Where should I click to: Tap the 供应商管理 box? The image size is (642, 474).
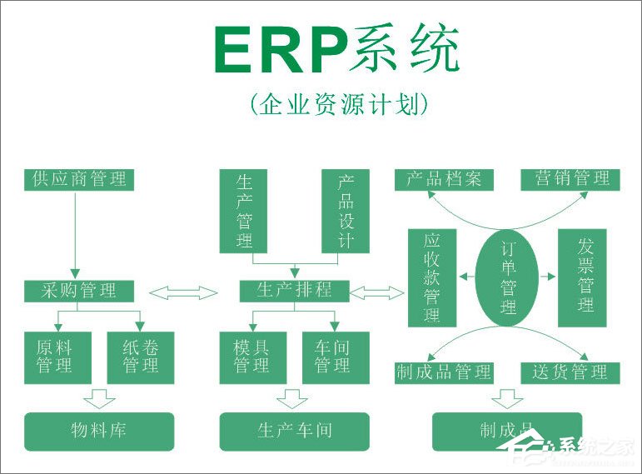coord(78,179)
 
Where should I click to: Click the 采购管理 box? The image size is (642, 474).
coord(78,291)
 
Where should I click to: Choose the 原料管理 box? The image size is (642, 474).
coord(53,357)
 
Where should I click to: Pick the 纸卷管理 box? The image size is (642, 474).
coord(140,357)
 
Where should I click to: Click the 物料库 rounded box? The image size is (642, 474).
coord(99,432)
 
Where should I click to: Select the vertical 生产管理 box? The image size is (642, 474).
coord(244,212)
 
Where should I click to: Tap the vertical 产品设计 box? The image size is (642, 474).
coord(345,212)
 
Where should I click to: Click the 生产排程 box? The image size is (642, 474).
coord(294,291)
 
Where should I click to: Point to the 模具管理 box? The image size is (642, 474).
coord(251,357)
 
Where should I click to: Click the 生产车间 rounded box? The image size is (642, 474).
coord(294,432)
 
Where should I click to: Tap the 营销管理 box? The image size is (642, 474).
coord(570,179)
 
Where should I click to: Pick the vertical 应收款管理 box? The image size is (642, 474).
coord(431,277)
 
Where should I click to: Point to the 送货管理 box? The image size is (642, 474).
coord(570,372)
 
